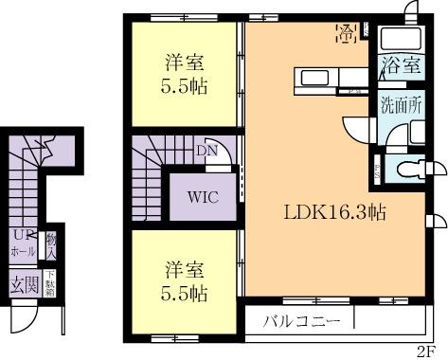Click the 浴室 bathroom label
click(401, 65)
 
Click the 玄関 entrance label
click(23, 281)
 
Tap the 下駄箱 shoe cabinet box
click(50, 281)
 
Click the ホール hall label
click(23, 253)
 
